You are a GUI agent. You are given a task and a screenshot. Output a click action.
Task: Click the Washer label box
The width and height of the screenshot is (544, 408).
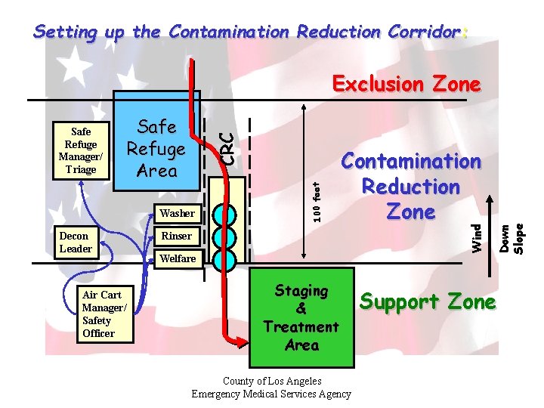pyautogui.click(x=176, y=213)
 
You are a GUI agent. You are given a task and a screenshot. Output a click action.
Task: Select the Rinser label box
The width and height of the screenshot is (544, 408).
pyautogui.click(x=176, y=236)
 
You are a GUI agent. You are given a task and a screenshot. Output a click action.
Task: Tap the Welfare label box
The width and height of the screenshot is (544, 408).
pyautogui.click(x=176, y=258)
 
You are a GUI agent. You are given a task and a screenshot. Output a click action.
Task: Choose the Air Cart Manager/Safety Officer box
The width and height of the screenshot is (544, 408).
pyautogui.click(x=102, y=314)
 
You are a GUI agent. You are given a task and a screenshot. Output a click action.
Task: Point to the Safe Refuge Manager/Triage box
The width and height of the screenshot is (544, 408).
pyautogui.click(x=81, y=150)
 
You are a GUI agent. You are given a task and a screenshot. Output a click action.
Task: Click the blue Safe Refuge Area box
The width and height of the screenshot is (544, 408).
pyautogui.click(x=156, y=148)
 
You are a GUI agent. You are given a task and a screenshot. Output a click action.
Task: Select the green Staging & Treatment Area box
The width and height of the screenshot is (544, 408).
pyautogui.click(x=301, y=317)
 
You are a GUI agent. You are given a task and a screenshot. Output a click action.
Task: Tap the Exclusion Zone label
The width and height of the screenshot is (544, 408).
pyautogui.click(x=406, y=84)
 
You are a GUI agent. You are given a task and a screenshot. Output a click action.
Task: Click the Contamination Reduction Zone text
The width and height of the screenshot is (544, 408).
pyautogui.click(x=410, y=187)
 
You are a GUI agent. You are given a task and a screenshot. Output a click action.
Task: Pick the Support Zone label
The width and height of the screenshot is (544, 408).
pyautogui.click(x=428, y=302)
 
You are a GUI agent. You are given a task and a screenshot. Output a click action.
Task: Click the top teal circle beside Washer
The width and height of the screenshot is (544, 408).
pyautogui.click(x=224, y=213)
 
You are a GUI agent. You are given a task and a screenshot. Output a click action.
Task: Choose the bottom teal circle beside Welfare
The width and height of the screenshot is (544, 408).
pyautogui.click(x=224, y=259)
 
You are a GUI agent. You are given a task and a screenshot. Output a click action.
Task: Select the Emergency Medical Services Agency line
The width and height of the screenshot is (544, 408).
pyautogui.click(x=271, y=394)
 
